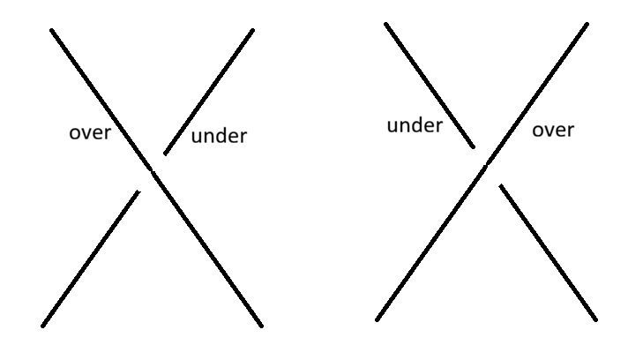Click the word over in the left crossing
[x=90, y=133]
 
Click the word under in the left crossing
[x=219, y=136]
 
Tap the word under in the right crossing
[x=415, y=125]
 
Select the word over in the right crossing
[x=553, y=130]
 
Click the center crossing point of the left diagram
[x=153, y=172]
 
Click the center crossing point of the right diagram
[x=486, y=165]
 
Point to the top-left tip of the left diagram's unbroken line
[x=52, y=30]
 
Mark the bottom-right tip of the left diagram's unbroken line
[x=262, y=326]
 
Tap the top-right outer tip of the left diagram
[x=253, y=30]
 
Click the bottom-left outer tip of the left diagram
[x=43, y=326]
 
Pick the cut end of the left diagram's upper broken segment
[x=166, y=154]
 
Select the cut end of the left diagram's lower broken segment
[x=138, y=191]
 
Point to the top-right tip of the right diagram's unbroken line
[x=587, y=25]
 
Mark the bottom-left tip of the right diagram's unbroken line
[x=377, y=319]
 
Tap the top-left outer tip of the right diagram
[x=385, y=24]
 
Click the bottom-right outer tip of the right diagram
[x=596, y=319]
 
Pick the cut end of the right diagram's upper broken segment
[x=474, y=147]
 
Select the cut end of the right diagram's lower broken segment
[x=501, y=186]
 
